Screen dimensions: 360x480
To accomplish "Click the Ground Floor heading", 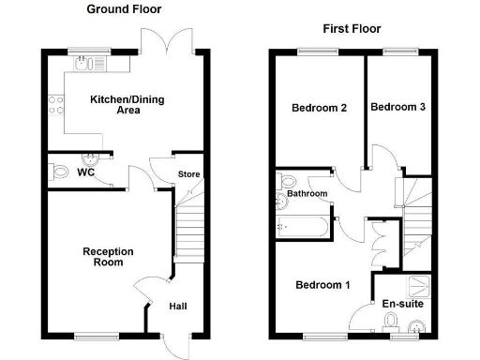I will click(124, 9).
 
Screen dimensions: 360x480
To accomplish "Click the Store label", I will click(188, 174).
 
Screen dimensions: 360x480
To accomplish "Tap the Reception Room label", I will click(108, 257).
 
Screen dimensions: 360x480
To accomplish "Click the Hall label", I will click(177, 307).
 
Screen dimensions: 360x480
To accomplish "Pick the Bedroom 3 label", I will click(397, 108).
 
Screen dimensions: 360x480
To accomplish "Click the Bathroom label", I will click(307, 194).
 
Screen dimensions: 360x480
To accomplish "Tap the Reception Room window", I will click(97, 334).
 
